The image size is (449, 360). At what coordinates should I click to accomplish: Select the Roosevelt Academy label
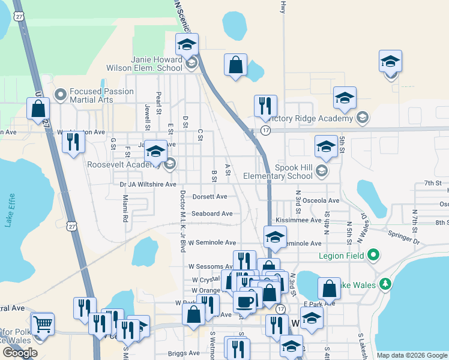tap(124, 164)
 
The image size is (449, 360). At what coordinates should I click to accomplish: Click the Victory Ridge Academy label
tap(313, 118)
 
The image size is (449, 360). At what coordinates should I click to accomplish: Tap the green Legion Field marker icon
tap(373, 256)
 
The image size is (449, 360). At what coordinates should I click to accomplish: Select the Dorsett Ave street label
tap(209, 196)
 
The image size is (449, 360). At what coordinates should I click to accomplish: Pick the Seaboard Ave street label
tap(212, 214)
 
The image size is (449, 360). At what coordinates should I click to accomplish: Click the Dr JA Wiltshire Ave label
tap(148, 184)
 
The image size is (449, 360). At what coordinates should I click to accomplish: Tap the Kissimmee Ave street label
tap(299, 220)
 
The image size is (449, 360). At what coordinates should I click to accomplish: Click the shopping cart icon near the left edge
tap(42, 324)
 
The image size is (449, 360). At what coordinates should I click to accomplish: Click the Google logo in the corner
tap(20, 353)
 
